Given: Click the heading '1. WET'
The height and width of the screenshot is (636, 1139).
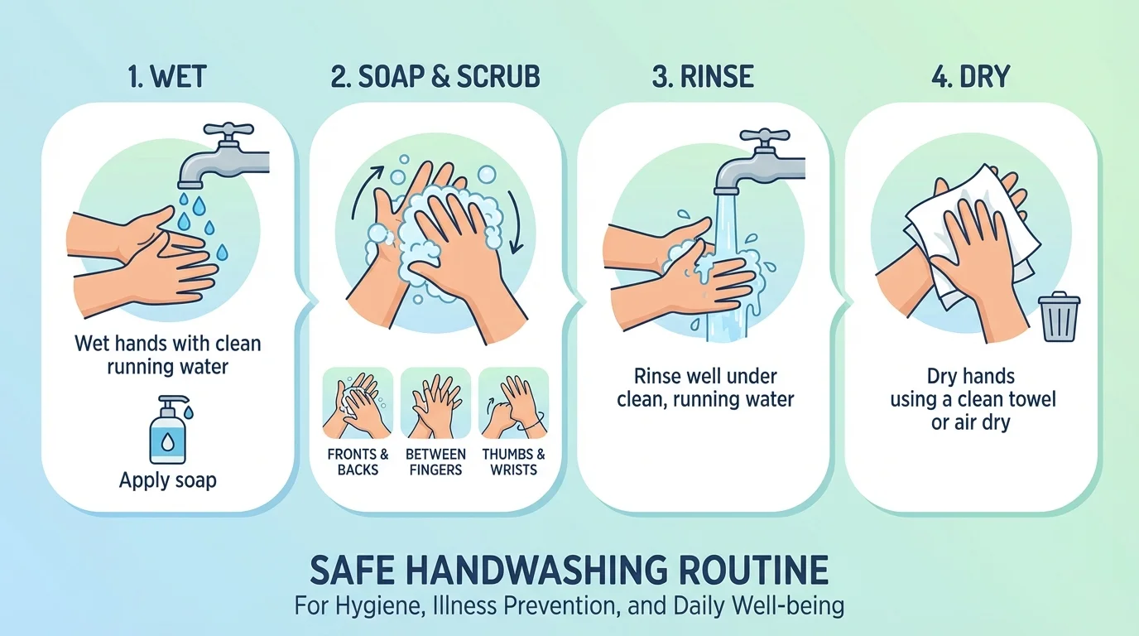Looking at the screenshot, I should pyautogui.click(x=168, y=77).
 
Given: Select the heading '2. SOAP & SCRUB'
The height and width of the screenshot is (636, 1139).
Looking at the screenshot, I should pyautogui.click(x=435, y=77).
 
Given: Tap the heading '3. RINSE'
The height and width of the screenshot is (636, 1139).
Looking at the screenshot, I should pyautogui.click(x=703, y=77).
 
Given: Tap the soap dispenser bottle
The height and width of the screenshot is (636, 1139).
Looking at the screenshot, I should pyautogui.click(x=168, y=431).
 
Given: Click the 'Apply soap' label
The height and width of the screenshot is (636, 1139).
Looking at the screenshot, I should pyautogui.click(x=168, y=480).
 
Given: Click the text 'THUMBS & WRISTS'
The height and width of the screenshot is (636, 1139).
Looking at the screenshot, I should pyautogui.click(x=513, y=462).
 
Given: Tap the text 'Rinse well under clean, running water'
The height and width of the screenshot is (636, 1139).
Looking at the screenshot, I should pyautogui.click(x=705, y=388).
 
